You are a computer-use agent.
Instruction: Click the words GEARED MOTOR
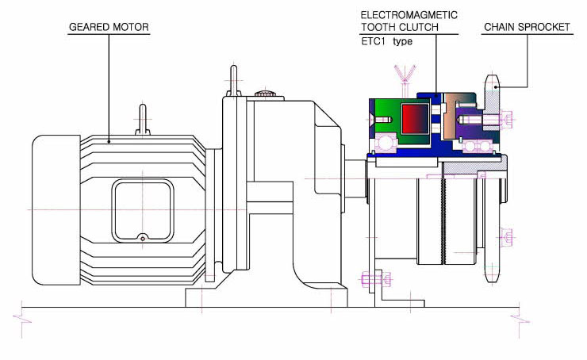click(x=109, y=27)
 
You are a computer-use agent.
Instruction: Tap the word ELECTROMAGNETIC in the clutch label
click(x=409, y=15)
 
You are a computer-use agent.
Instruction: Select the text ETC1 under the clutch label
click(x=373, y=41)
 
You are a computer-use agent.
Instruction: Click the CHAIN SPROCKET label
click(x=527, y=27)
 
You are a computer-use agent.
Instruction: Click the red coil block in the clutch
click(x=415, y=118)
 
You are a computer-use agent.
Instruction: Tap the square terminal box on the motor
click(x=143, y=211)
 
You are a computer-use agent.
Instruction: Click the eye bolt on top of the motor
click(x=143, y=120)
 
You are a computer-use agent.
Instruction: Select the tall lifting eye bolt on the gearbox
click(x=233, y=81)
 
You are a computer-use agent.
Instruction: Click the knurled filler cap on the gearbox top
click(x=265, y=94)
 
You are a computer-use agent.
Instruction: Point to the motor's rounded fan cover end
click(x=56, y=210)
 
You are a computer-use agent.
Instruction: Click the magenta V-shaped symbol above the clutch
click(x=405, y=73)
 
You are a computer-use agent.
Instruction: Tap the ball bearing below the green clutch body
click(x=384, y=144)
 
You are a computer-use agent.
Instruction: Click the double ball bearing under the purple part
click(x=478, y=146)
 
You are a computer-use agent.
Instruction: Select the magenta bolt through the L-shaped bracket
click(x=376, y=279)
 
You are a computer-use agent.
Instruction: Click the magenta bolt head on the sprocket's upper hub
click(x=506, y=120)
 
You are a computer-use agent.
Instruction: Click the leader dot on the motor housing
click(x=109, y=141)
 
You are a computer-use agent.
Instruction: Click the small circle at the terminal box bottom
click(x=143, y=239)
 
